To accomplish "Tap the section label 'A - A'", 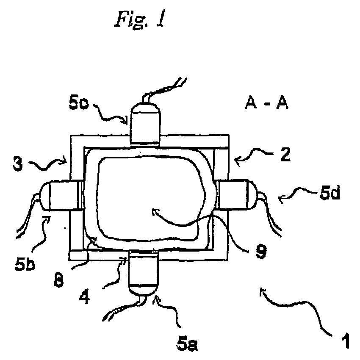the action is (266, 102).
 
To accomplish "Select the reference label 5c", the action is (79, 103).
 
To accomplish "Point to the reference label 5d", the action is (330, 193).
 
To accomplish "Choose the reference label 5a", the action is (187, 344).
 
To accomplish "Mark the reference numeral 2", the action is (285, 154).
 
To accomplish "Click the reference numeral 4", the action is (84, 297).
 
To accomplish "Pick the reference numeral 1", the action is (345, 341).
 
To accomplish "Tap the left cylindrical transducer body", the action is (61, 195).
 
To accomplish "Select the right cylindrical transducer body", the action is (236, 195).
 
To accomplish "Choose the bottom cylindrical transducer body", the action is (144, 272).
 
